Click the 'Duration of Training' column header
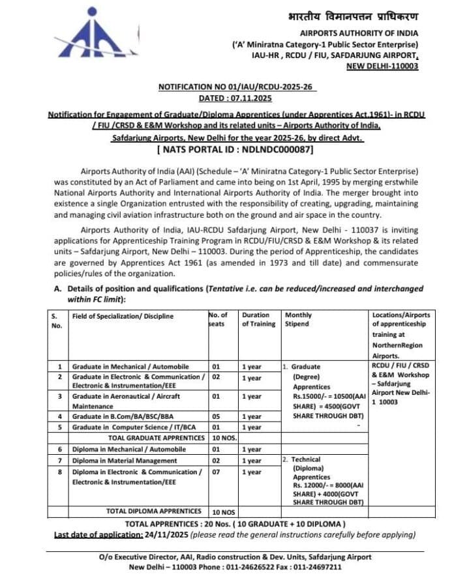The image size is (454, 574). click(258, 319)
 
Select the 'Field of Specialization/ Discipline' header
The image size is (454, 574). click(123, 316)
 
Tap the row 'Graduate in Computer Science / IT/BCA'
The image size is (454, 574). click(132, 427)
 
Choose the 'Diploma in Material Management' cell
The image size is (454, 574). click(124, 460)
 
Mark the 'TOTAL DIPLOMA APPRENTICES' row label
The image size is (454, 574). click(154, 511)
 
